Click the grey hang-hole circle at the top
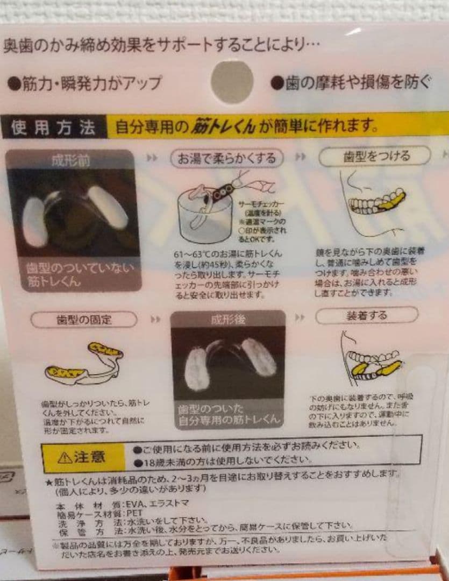(232, 82)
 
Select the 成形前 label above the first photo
(70, 161)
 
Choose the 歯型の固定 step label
(84, 320)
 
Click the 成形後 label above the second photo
(228, 320)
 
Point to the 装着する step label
(366, 315)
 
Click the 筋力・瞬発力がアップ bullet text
(85, 83)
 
